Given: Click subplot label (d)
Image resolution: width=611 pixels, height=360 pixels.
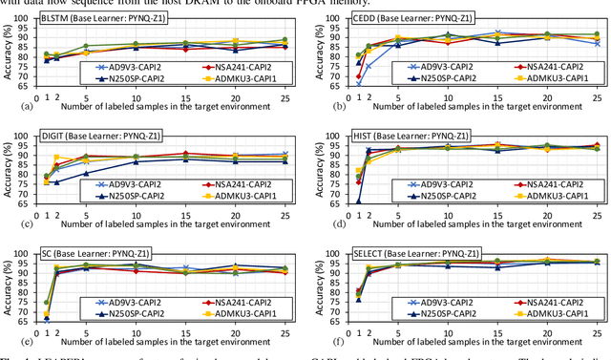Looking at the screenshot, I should pos(319,222).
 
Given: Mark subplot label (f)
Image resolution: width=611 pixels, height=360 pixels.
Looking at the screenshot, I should pos(319,338).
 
